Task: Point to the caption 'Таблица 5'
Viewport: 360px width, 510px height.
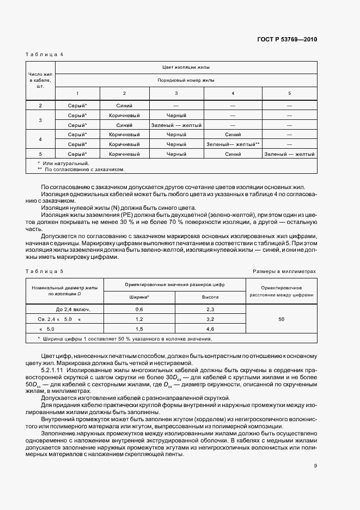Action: point(45,271)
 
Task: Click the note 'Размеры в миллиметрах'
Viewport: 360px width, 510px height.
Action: point(284,271)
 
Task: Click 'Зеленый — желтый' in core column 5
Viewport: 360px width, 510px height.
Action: point(289,154)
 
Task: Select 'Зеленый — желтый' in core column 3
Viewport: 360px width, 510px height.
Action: point(176,125)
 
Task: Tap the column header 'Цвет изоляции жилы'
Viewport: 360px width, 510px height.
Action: point(186,68)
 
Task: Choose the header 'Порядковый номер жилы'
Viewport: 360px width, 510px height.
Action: point(186,80)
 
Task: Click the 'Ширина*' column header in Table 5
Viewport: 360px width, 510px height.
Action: point(139,297)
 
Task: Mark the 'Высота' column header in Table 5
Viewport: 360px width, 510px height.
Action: point(210,297)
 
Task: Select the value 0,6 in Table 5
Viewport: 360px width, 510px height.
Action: point(139,309)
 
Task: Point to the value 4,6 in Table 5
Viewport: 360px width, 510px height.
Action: point(210,329)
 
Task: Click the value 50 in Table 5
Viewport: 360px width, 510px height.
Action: point(281,319)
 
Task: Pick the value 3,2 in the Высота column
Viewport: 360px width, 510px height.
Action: point(210,319)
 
